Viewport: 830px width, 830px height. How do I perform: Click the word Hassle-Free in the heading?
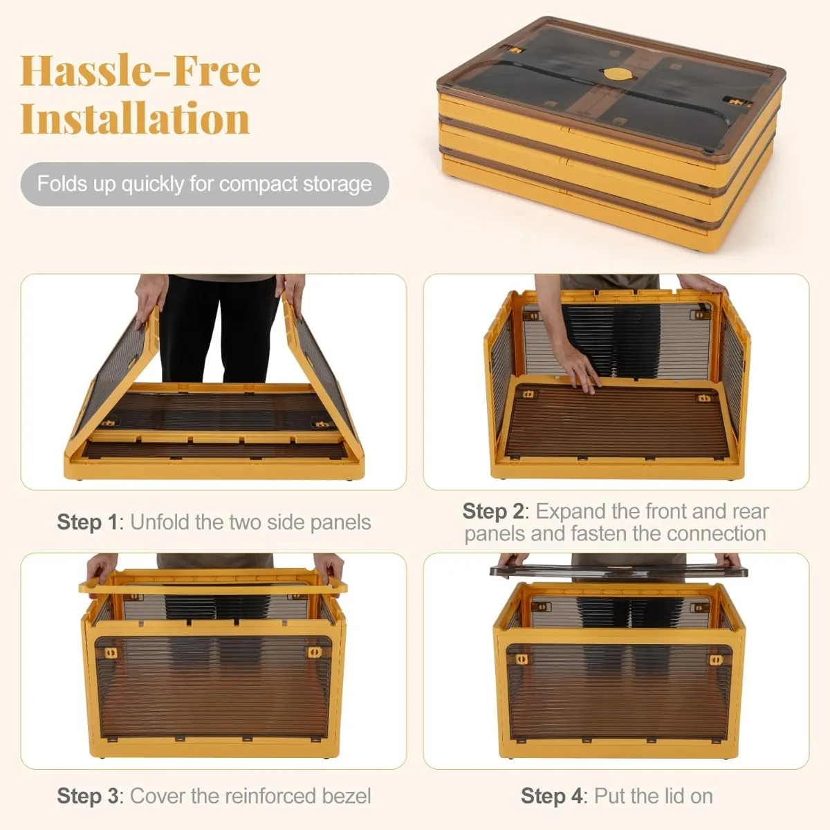click(140, 71)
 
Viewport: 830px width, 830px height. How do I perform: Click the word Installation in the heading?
click(136, 118)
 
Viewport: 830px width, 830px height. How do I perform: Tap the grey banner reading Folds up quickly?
click(205, 184)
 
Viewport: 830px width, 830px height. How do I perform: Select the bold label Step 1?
click(87, 522)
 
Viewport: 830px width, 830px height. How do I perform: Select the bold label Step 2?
click(492, 511)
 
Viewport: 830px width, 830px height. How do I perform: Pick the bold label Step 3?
click(87, 796)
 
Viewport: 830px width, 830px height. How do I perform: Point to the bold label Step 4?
click(551, 796)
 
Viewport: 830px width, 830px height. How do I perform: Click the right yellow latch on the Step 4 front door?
click(716, 660)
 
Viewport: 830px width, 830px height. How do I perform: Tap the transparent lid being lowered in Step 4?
click(618, 571)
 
